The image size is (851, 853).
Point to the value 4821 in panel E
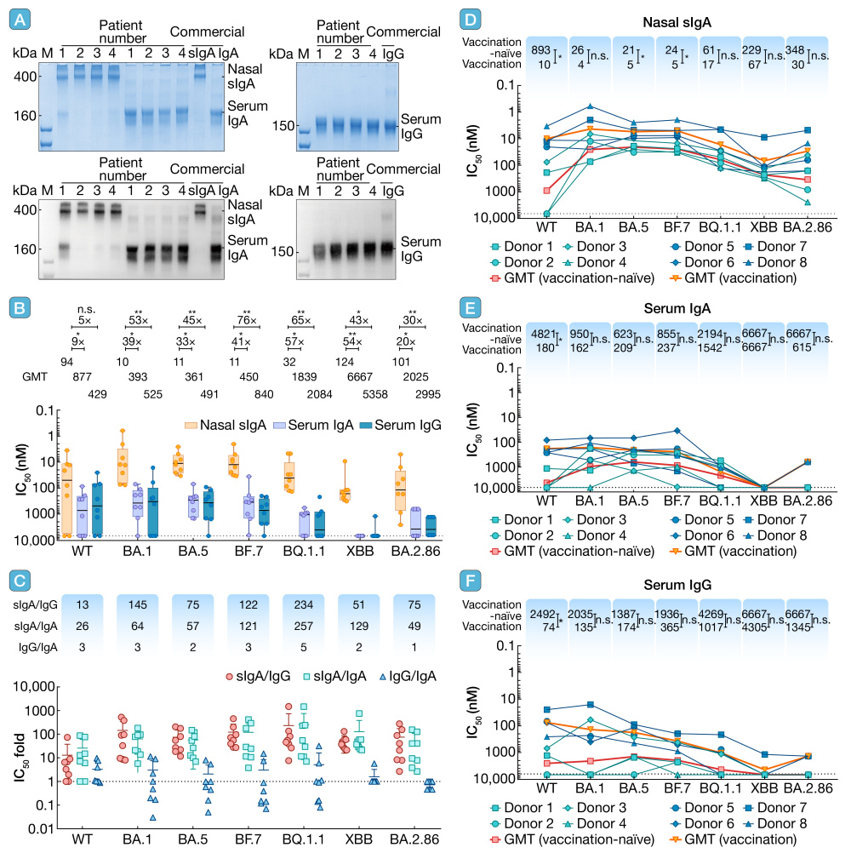pyautogui.click(x=541, y=335)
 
